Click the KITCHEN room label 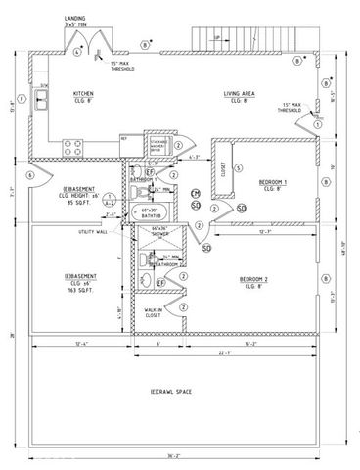(x=84, y=96)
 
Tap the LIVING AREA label (x=236, y=96)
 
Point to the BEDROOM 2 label (x=256, y=281)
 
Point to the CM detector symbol (x=196, y=193)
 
